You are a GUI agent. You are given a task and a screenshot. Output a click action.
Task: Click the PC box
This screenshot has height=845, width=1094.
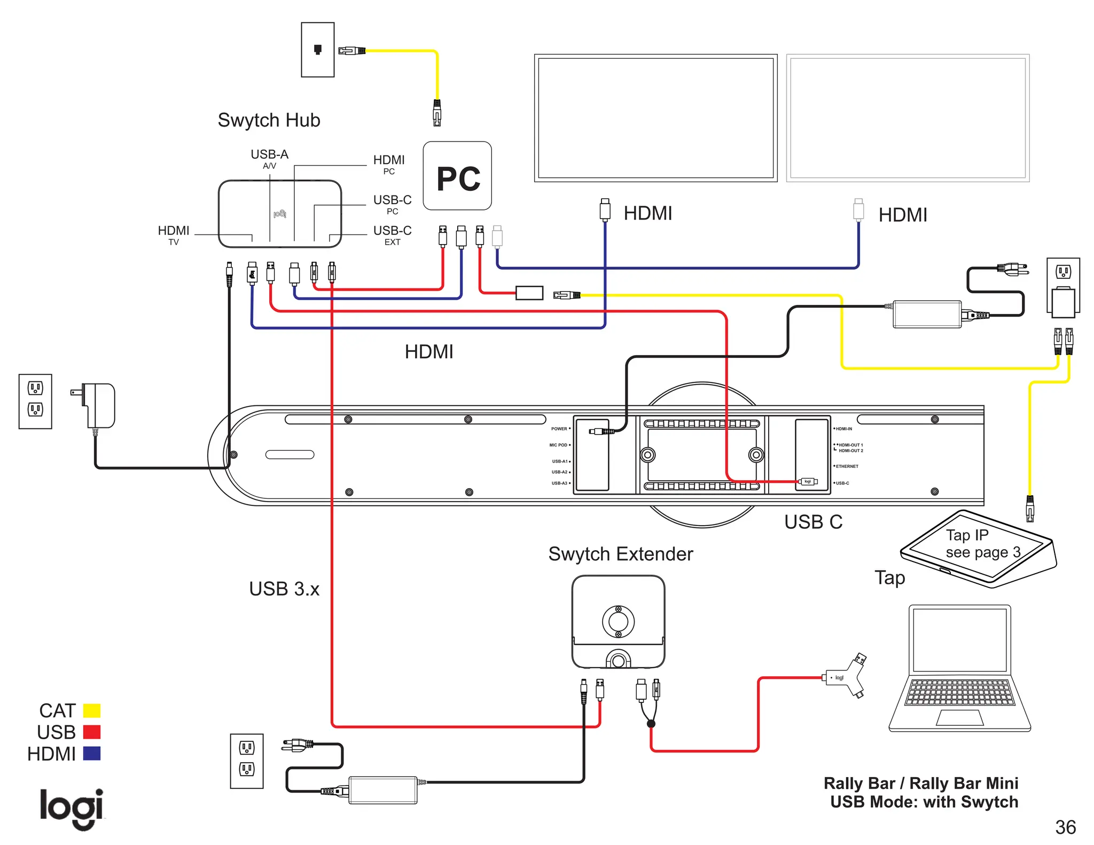tap(457, 176)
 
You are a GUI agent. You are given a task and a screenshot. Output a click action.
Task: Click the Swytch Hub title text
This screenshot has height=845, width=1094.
tap(269, 120)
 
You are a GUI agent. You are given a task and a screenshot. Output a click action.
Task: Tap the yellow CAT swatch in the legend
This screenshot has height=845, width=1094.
tap(92, 710)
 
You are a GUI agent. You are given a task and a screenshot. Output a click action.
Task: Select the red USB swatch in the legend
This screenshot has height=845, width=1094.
tap(92, 732)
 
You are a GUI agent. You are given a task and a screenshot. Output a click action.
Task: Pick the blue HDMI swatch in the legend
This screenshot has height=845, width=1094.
tap(92, 753)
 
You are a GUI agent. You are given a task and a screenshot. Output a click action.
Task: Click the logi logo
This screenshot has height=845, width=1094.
tap(72, 808)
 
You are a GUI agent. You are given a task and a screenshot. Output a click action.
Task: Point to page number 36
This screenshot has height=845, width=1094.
tap(1065, 827)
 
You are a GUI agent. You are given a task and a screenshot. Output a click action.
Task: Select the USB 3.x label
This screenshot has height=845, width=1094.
tap(284, 589)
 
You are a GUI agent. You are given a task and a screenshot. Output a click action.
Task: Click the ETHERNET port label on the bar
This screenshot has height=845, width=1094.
tap(847, 466)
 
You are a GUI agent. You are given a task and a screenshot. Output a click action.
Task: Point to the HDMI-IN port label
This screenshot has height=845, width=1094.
tap(843, 429)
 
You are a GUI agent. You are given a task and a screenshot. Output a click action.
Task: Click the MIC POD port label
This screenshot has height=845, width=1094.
tap(558, 445)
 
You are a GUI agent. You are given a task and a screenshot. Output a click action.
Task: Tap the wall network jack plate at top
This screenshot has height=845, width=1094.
tap(318, 50)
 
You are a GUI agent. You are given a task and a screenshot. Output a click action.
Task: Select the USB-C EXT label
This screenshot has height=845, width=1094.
tap(392, 234)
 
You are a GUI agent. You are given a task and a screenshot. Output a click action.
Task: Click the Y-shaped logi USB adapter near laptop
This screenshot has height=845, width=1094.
tap(845, 677)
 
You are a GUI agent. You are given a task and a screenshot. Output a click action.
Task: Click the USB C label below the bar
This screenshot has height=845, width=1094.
tap(813, 522)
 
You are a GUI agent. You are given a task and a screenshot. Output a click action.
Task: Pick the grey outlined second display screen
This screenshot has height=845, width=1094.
tap(908, 118)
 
